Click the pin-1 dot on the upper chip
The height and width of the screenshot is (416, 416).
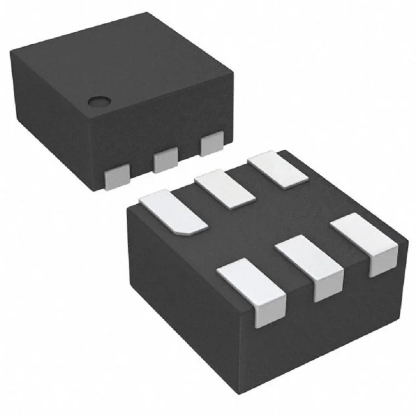point(97,102)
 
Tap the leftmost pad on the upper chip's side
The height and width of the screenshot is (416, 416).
point(116,177)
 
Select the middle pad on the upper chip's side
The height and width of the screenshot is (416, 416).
point(165,161)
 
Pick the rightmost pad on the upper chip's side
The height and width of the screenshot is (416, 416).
point(212,143)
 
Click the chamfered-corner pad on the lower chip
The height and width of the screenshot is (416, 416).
point(173,212)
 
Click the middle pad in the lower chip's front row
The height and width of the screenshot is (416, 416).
point(310,266)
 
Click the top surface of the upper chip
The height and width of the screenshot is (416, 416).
point(125,68)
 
